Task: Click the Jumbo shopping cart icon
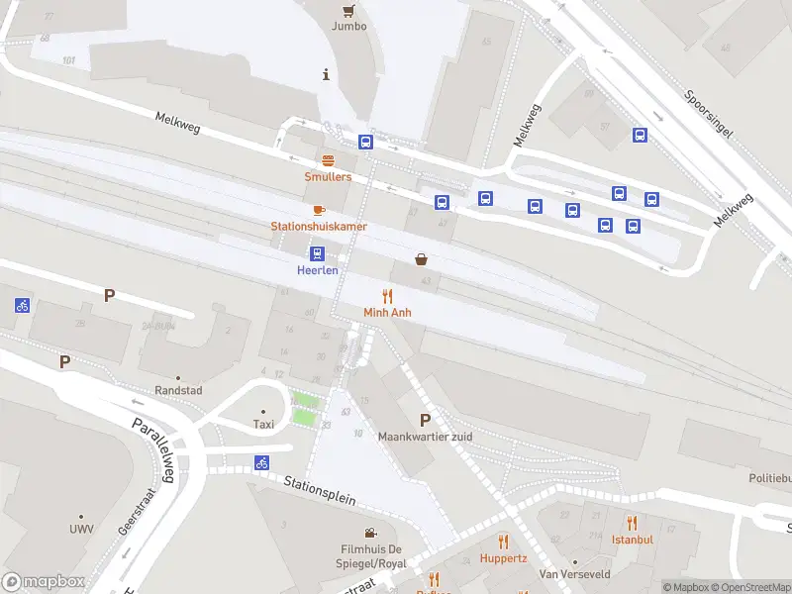(347, 11)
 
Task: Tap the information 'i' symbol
(326, 74)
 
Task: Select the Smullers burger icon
(328, 160)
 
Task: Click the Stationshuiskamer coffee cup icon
(319, 210)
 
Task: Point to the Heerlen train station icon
(317, 253)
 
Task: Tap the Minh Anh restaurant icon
(387, 296)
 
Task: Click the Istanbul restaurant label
(632, 540)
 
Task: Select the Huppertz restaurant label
(503, 557)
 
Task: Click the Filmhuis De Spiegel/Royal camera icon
(370, 534)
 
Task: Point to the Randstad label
(178, 390)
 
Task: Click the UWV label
(82, 529)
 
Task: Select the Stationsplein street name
(319, 491)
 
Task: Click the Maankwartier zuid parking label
(426, 437)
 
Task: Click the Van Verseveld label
(574, 574)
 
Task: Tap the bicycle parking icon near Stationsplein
(262, 462)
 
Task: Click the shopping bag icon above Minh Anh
(422, 259)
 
